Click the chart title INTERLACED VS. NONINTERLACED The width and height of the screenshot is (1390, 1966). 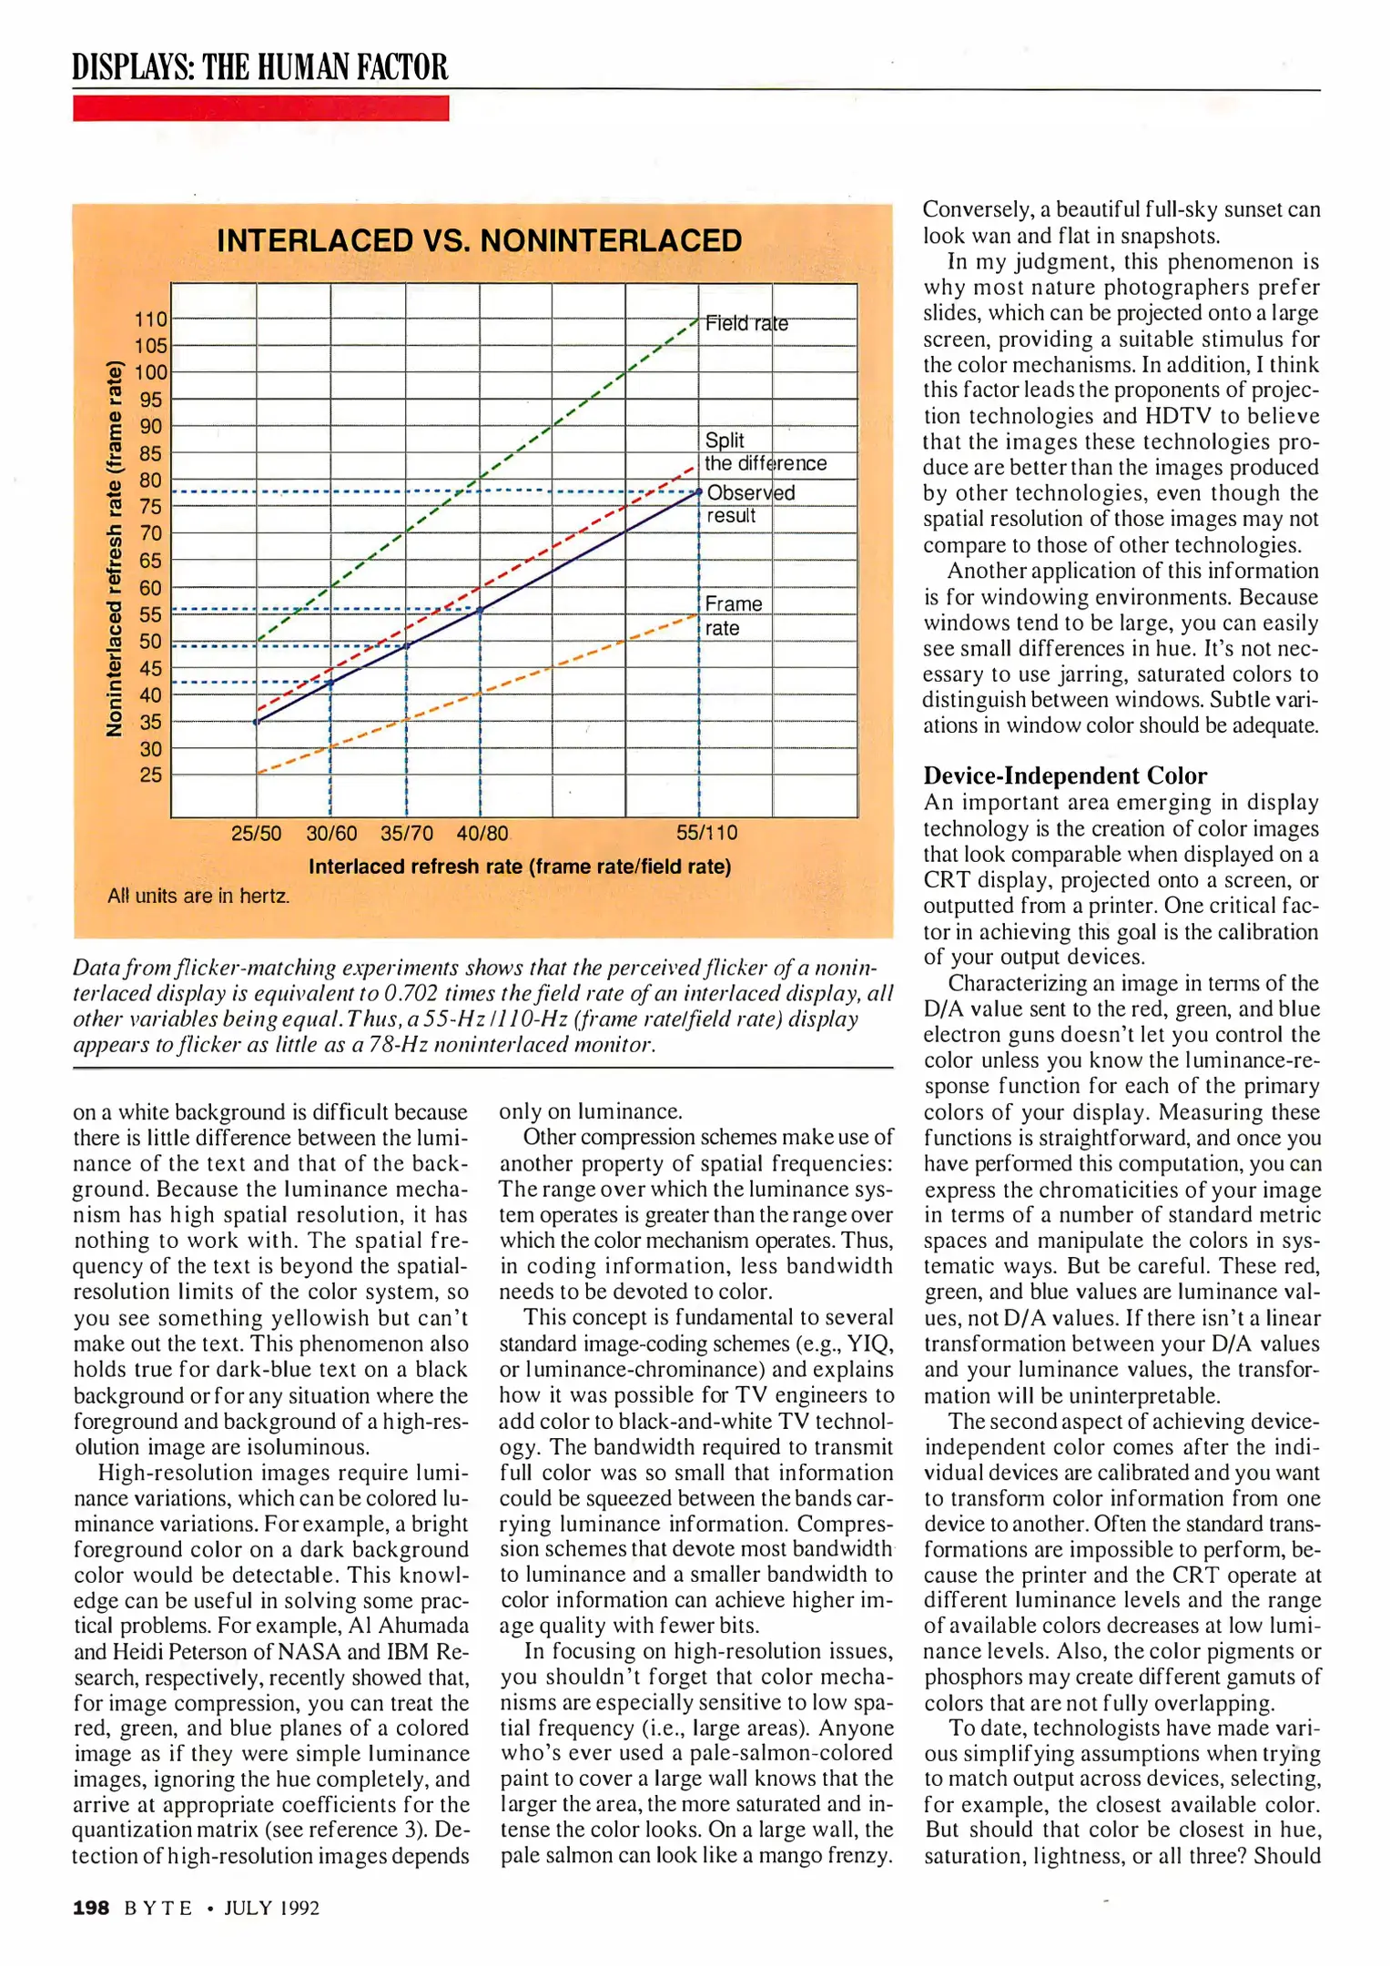point(479,241)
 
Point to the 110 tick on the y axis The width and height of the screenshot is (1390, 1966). point(151,319)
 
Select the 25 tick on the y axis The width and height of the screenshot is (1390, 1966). point(151,775)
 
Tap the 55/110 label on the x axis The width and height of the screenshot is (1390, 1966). point(706,833)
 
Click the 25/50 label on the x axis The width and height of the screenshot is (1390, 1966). point(256,833)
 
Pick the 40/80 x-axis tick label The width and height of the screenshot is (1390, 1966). point(482,833)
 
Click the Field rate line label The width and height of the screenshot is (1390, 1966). point(746,323)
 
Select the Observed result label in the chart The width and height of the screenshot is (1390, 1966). point(749,503)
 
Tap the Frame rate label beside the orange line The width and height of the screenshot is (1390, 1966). point(732,615)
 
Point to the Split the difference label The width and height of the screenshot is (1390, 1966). point(765,451)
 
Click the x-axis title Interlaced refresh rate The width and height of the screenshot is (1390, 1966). point(519,866)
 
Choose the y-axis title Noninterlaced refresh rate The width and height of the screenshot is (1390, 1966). point(115,548)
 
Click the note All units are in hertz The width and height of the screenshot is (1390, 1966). point(198,897)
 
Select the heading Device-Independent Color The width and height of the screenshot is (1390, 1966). point(1065,775)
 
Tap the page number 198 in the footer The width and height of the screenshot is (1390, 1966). point(91,1909)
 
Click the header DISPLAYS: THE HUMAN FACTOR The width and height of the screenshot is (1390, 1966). point(260,67)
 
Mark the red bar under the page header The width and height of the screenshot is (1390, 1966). point(260,108)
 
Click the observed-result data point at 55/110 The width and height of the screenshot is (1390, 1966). point(699,492)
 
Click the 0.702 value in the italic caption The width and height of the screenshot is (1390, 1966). point(413,993)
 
